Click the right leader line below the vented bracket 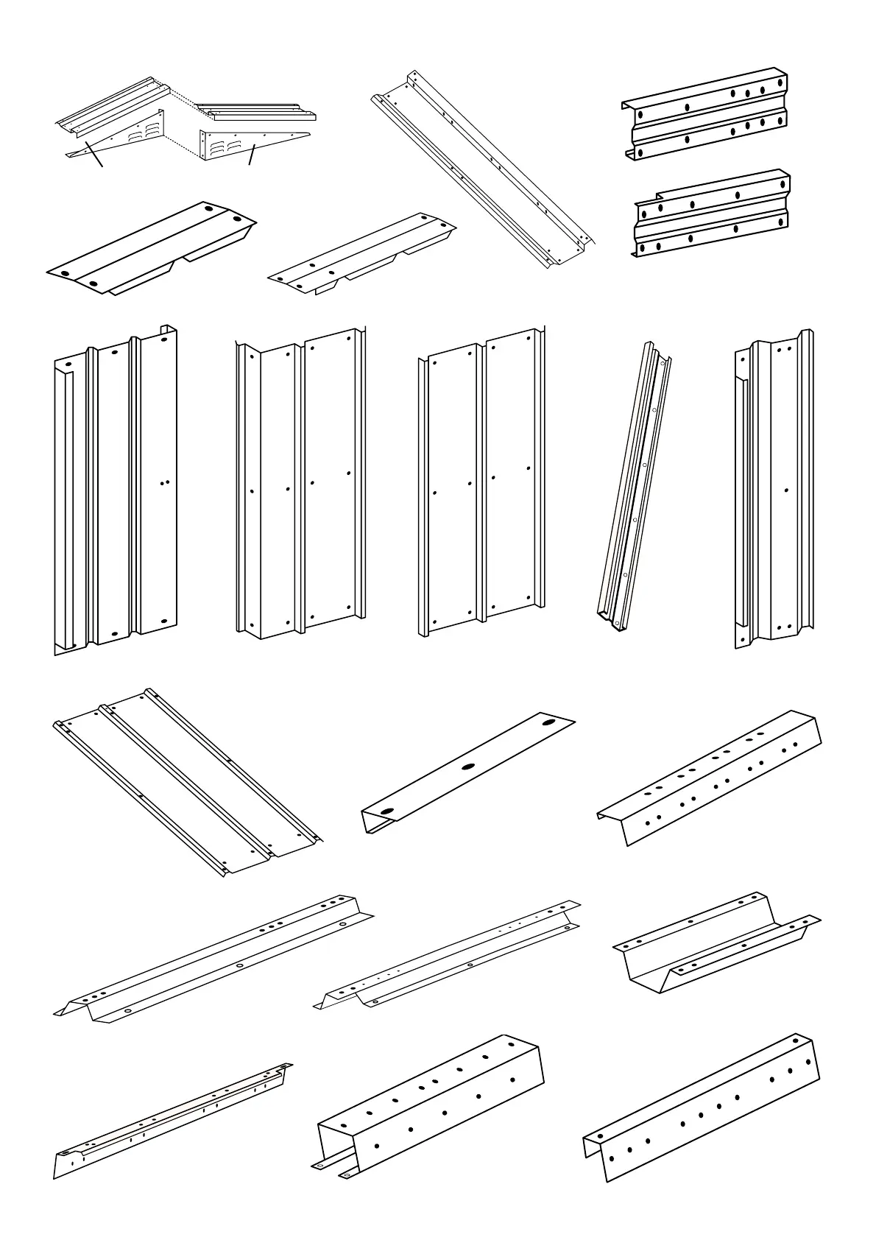point(252,155)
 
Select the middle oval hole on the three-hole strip point(467,767)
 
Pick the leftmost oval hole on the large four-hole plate point(65,274)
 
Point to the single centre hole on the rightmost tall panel point(786,490)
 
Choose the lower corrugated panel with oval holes point(711,214)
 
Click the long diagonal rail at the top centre point(482,169)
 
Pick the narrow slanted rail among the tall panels point(633,486)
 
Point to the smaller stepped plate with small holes point(361,254)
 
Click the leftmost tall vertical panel point(114,490)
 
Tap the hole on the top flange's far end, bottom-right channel point(796,1042)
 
